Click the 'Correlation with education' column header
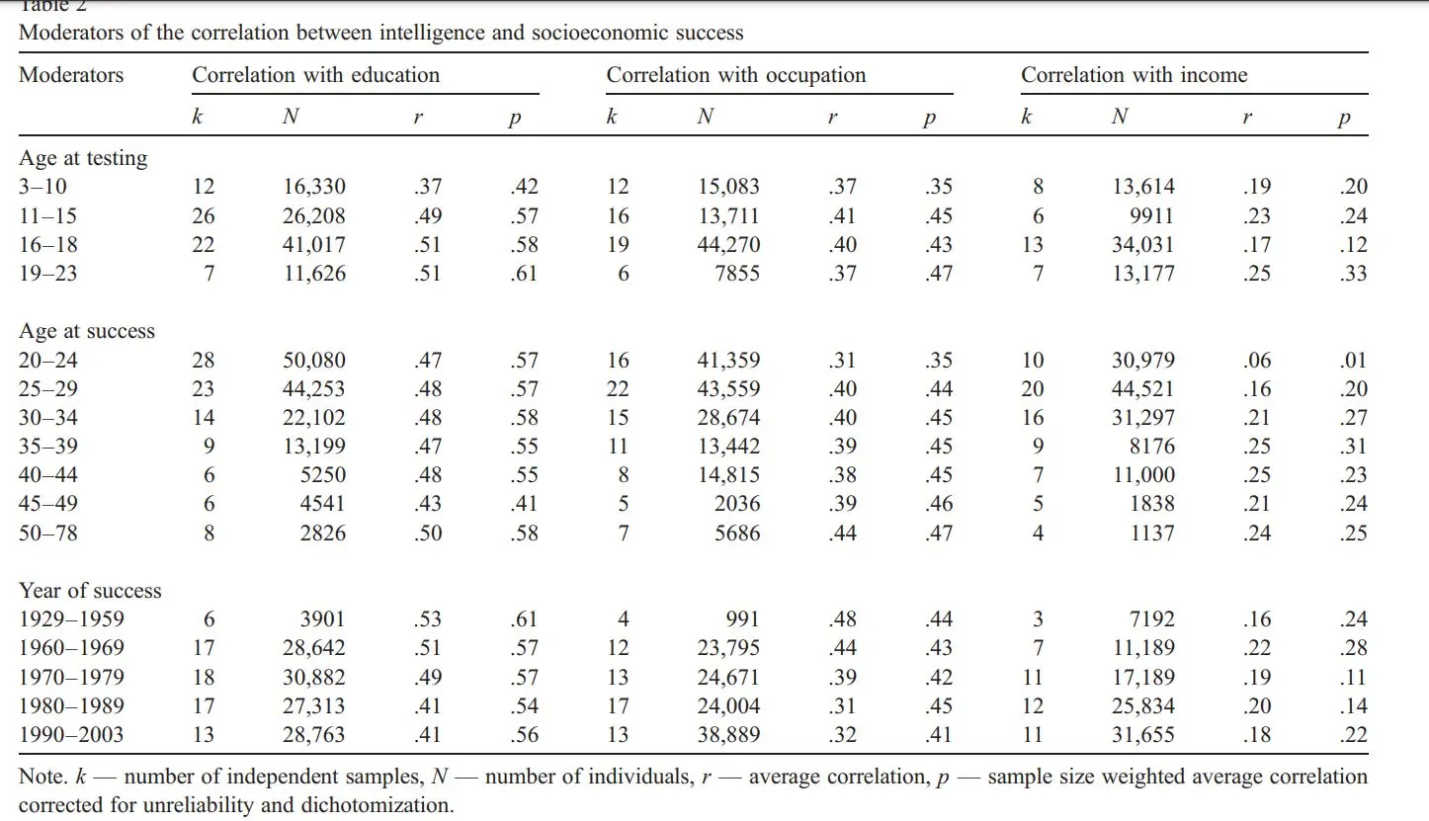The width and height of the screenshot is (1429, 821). tap(316, 75)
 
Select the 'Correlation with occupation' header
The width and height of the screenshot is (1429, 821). tap(736, 75)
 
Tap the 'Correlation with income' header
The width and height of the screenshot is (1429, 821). tap(1135, 75)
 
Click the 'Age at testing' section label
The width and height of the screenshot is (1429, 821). tap(83, 158)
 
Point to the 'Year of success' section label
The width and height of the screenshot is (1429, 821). tap(90, 590)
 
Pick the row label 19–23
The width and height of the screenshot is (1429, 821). tap(47, 273)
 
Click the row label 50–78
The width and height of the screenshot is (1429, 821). tap(47, 533)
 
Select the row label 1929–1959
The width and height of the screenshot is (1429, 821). tap(71, 618)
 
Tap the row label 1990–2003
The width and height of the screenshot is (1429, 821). tap(71, 734)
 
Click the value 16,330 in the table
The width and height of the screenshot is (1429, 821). tap(314, 187)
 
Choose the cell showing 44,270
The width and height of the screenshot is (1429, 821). tap(728, 244)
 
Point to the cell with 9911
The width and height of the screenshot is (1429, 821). tap(1151, 215)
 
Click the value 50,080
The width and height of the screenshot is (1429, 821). tap(314, 360)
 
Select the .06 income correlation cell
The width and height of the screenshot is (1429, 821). tap(1257, 360)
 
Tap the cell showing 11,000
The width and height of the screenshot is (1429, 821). tap(1143, 474)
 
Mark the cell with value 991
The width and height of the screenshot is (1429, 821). tap(742, 618)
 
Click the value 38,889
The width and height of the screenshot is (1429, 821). tap(728, 734)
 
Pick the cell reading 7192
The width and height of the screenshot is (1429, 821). tap(1151, 618)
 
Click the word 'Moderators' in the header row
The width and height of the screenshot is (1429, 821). tap(71, 75)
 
